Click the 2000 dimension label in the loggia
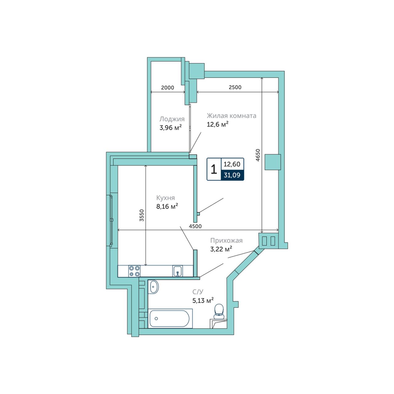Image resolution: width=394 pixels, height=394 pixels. [167, 87]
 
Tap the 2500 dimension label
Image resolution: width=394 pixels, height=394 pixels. [235, 87]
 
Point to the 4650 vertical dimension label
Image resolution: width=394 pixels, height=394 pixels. [258, 155]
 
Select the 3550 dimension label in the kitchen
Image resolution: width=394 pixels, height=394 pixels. [142, 215]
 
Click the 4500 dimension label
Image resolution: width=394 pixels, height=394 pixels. [195, 226]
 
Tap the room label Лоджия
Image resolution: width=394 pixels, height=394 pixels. [172, 119]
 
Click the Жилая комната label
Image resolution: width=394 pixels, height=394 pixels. [231, 116]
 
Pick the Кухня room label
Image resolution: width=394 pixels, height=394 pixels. [165, 198]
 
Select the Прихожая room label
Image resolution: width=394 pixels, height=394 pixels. [226, 240]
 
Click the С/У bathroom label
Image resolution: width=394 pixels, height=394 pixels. [198, 292]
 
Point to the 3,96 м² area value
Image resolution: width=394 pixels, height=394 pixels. [171, 128]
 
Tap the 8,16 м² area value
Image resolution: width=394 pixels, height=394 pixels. [167, 206]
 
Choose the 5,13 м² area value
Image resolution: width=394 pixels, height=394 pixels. [203, 300]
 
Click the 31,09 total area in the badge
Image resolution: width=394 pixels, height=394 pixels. [232, 175]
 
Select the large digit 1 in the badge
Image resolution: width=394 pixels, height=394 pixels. [214, 169]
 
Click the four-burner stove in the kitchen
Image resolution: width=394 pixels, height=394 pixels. [134, 271]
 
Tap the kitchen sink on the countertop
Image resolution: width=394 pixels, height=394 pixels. [178, 271]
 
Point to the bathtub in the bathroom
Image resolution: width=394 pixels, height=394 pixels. [170, 318]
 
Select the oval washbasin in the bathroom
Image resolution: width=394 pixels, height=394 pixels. [154, 287]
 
